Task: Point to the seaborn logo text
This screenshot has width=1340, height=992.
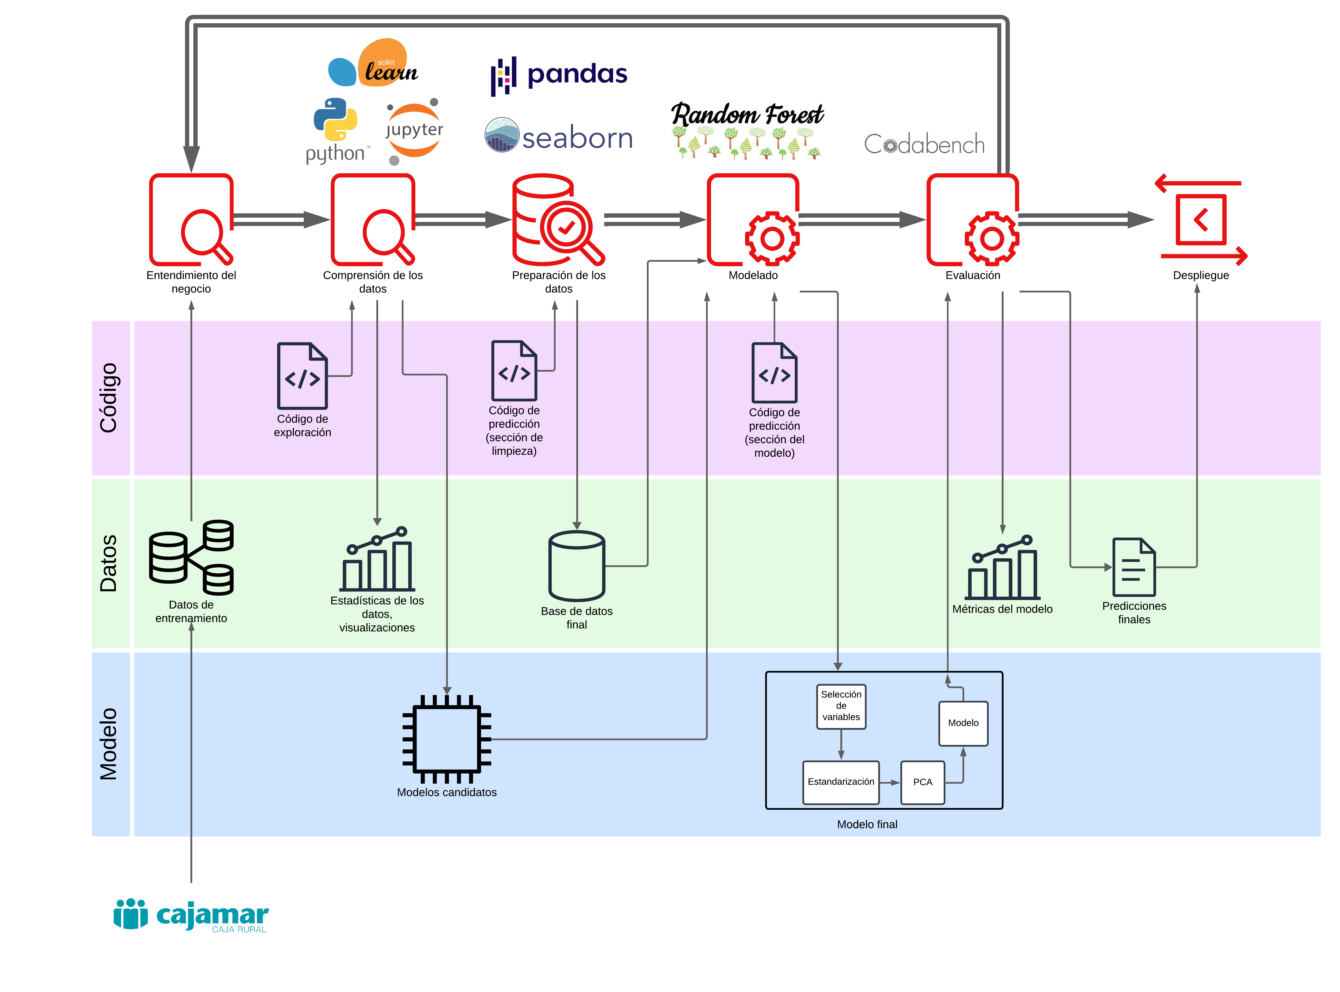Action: point(577,138)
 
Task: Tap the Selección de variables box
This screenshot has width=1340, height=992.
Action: point(841,706)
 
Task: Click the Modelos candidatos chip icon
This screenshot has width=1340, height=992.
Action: point(447,739)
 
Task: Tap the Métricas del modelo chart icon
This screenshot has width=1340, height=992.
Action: point(1002,568)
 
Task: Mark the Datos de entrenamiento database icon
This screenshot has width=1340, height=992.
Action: point(191,557)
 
